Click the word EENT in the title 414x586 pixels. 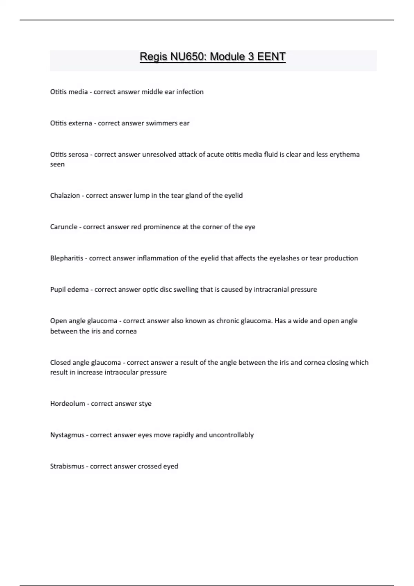[271, 57]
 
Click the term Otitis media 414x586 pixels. [69, 92]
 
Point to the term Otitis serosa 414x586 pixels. [69, 155]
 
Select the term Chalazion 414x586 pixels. [65, 196]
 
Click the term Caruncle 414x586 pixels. [64, 227]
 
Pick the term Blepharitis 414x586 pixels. [67, 259]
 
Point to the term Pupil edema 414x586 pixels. [69, 290]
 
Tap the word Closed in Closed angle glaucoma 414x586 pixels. [60, 363]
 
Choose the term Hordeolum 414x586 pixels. [68, 404]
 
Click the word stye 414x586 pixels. [145, 404]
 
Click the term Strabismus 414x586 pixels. [67, 467]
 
